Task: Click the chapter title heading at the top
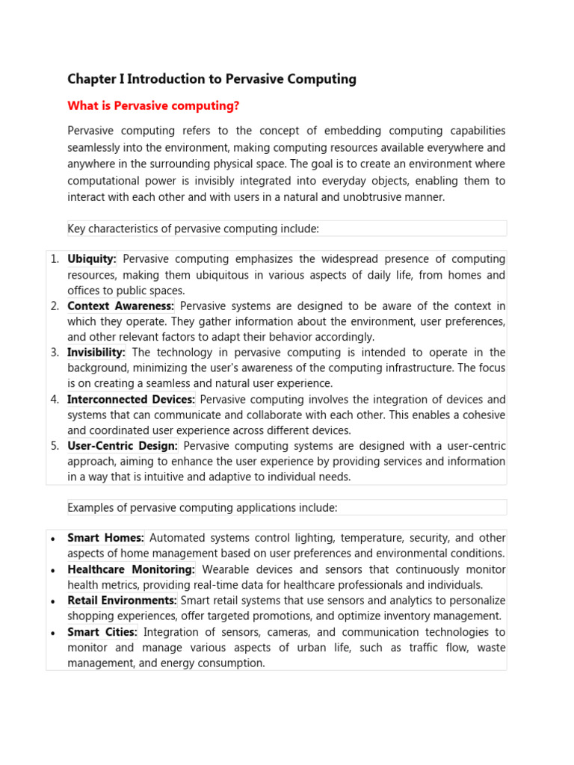coord(212,79)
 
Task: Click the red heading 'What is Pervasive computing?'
coord(153,106)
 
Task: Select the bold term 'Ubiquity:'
coord(92,259)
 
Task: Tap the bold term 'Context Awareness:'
coord(120,306)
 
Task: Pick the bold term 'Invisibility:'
coord(96,353)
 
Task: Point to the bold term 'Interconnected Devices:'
coord(131,400)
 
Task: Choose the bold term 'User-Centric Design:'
coord(123,446)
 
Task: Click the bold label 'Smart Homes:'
coord(105,538)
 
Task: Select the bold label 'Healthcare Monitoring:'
coord(131,569)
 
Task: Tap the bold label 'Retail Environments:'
coord(122,601)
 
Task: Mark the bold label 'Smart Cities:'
coord(102,632)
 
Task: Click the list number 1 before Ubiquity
coord(55,259)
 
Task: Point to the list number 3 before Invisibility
coord(55,353)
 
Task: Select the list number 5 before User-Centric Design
coord(55,446)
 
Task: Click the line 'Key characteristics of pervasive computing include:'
coord(193,229)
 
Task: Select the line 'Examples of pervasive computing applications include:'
coord(203,508)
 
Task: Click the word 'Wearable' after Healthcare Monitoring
coord(223,569)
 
